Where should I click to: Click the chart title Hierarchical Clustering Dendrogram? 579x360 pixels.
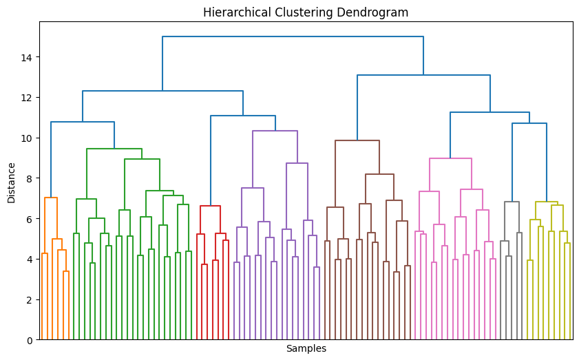click(306, 12)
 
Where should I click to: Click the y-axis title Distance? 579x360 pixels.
click(11, 182)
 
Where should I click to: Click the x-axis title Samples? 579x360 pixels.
click(306, 349)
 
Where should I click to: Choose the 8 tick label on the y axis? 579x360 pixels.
click(30, 178)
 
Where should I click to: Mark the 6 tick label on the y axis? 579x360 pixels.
click(30, 219)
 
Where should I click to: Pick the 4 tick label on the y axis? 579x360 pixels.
click(30, 260)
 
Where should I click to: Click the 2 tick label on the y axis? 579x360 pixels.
click(30, 300)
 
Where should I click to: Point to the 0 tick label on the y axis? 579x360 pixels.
click(30, 340)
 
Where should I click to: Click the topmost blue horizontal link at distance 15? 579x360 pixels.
click(293, 36)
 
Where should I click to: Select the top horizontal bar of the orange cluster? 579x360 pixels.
click(50, 198)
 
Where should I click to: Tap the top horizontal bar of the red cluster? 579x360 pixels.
click(210, 206)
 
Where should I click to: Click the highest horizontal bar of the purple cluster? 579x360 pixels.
click(275, 131)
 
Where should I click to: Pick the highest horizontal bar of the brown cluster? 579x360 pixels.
click(357, 140)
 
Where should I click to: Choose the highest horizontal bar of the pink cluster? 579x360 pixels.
click(450, 158)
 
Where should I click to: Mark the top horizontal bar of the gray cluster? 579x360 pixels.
click(512, 202)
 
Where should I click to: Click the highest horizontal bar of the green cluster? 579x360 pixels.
click(114, 149)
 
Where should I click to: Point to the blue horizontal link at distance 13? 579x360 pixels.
click(423, 75)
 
